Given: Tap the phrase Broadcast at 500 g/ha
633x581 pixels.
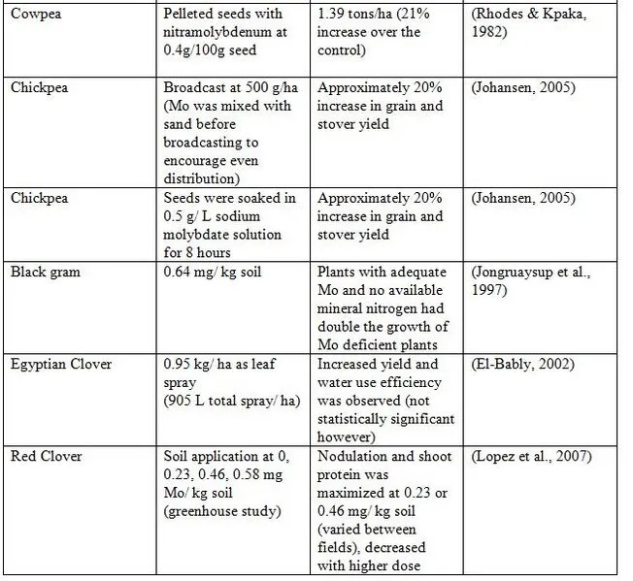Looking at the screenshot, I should (x=229, y=86).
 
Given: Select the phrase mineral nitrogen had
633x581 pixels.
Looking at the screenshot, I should (x=379, y=309).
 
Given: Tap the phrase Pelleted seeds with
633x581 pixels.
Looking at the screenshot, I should (x=223, y=14).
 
